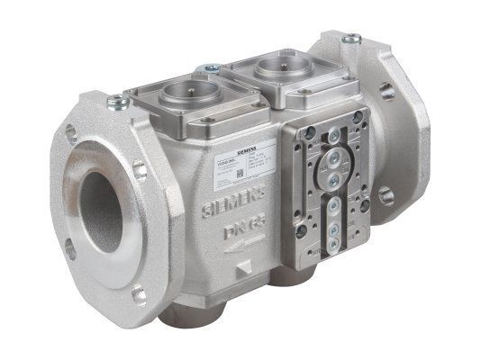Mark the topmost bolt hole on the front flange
coord(71,135)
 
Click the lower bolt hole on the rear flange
coord(386,194)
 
